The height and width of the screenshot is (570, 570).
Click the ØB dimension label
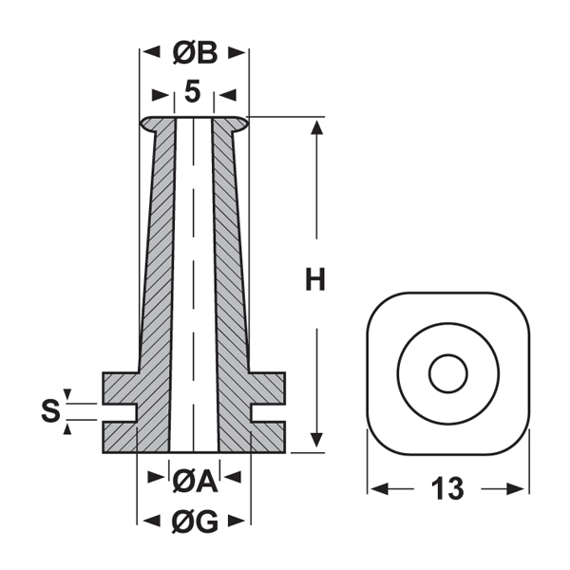195,54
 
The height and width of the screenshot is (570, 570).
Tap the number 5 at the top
194,92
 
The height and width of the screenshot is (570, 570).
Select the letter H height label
315,281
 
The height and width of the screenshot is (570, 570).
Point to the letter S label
50,411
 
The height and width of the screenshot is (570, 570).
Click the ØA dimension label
195,484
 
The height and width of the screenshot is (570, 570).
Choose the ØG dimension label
195,520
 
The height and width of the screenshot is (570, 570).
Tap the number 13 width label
447,489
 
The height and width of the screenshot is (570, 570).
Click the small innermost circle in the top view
446,373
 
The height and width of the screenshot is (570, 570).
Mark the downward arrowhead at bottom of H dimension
316,443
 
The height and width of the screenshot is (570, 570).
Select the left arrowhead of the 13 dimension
376,489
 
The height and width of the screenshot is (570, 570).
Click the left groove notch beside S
121,411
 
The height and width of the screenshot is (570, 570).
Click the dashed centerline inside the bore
194,285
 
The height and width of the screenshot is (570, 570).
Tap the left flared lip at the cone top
149,123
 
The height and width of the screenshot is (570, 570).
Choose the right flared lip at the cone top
239,123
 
